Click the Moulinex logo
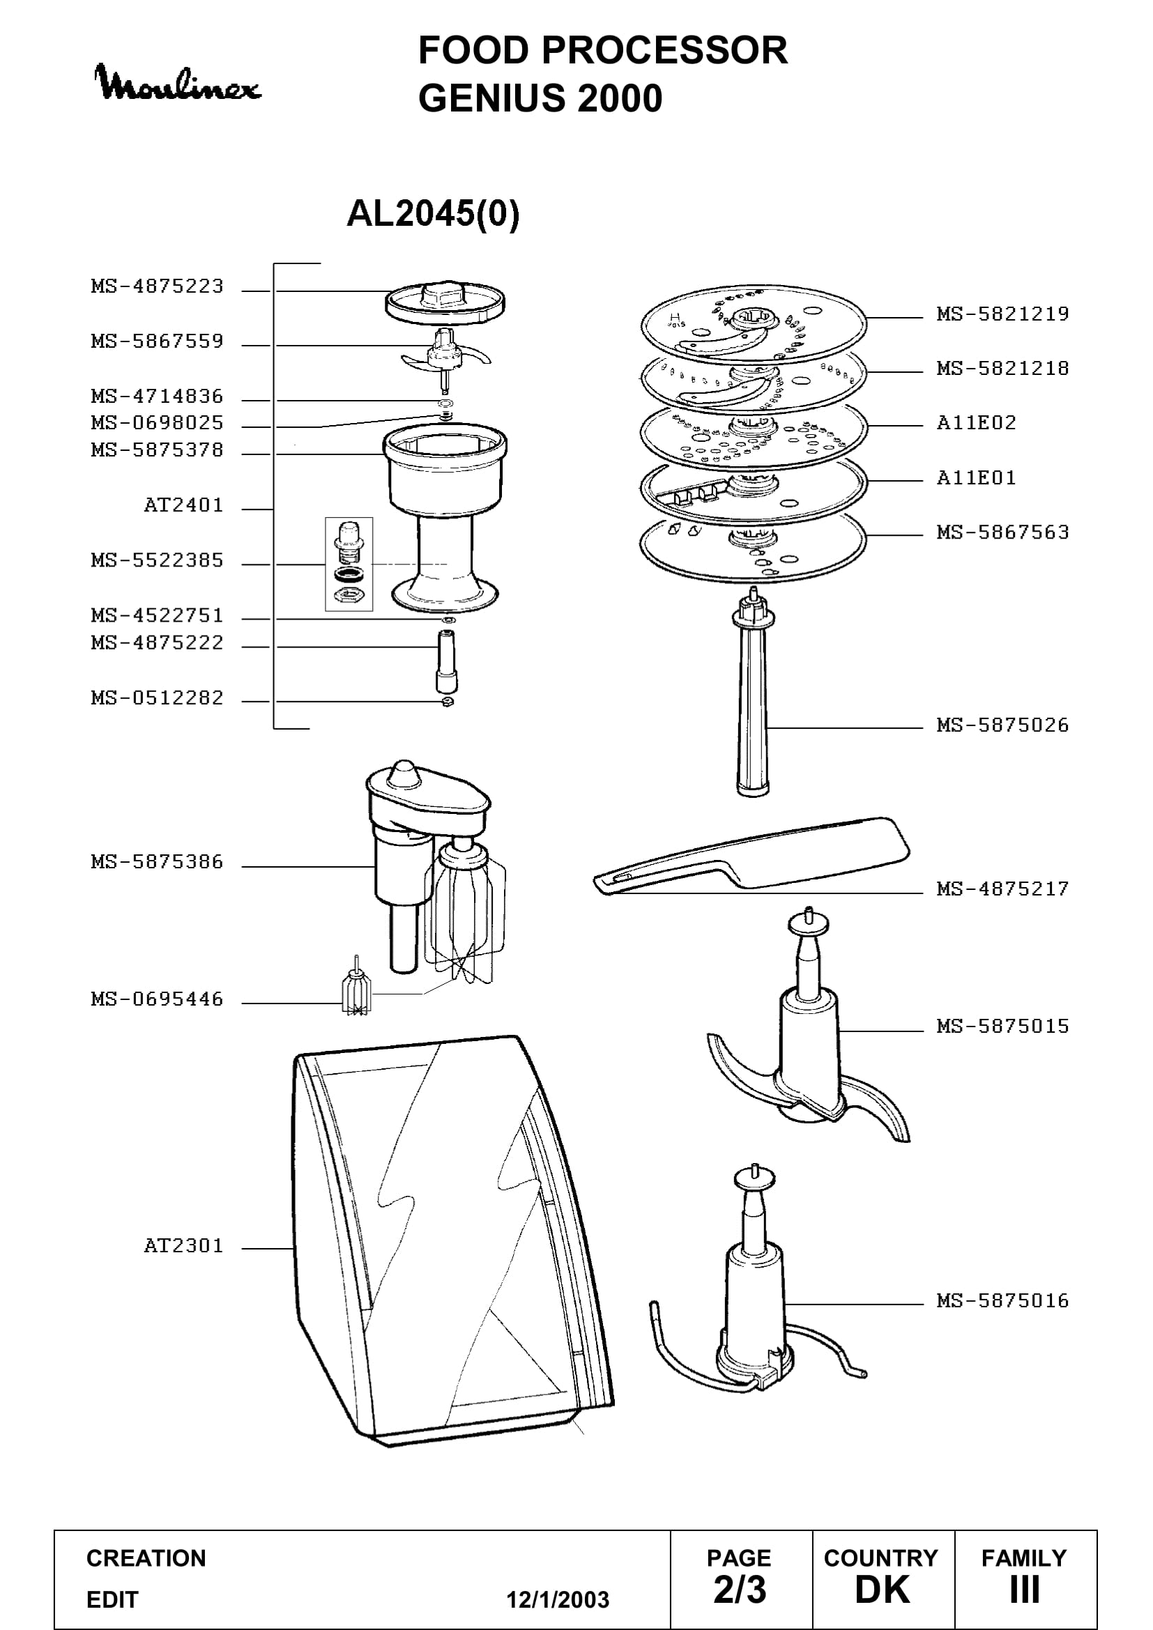(x=178, y=83)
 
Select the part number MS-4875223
(x=157, y=286)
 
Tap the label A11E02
(x=976, y=423)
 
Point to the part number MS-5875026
(x=1002, y=725)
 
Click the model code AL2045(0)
(x=433, y=213)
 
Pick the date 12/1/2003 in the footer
(x=558, y=1599)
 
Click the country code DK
(x=882, y=1590)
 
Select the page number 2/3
(x=740, y=1590)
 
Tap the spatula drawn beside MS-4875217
(x=751, y=855)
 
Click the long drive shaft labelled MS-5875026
(x=753, y=695)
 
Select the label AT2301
(x=183, y=1245)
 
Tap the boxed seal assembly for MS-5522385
(x=349, y=564)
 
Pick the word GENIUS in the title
(x=494, y=98)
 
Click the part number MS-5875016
(x=1002, y=1300)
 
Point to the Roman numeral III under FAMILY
(x=1025, y=1590)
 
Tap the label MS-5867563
(x=1002, y=532)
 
